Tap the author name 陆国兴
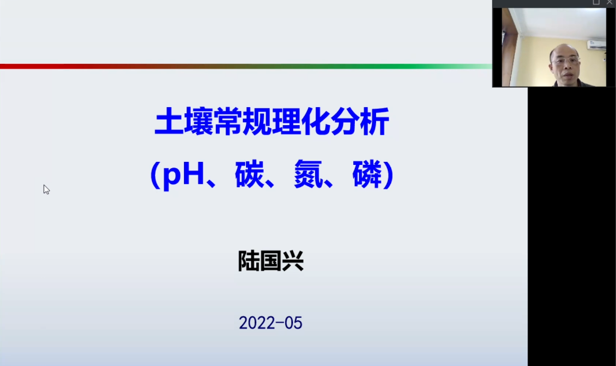click(x=271, y=261)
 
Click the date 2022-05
click(x=271, y=323)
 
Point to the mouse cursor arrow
click(x=46, y=188)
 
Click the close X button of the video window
click(x=609, y=3)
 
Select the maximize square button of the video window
click(x=596, y=3)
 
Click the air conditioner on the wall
click(x=596, y=45)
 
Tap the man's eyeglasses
click(x=566, y=60)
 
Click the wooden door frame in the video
click(x=508, y=48)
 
